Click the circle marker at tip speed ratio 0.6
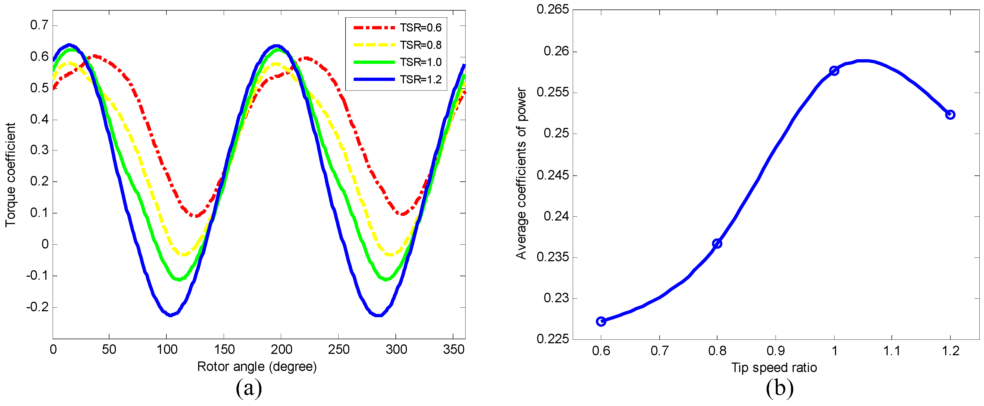(x=601, y=322)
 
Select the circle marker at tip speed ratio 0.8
(x=717, y=244)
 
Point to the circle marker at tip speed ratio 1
(x=834, y=71)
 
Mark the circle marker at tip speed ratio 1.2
(x=950, y=115)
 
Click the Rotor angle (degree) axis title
(x=257, y=367)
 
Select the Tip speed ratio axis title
(x=774, y=368)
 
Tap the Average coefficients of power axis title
(x=521, y=174)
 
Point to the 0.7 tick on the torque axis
(x=39, y=26)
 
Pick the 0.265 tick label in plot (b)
(x=552, y=10)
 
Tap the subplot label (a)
(x=249, y=388)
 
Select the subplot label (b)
(x=780, y=388)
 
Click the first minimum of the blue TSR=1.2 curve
(x=170, y=315)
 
